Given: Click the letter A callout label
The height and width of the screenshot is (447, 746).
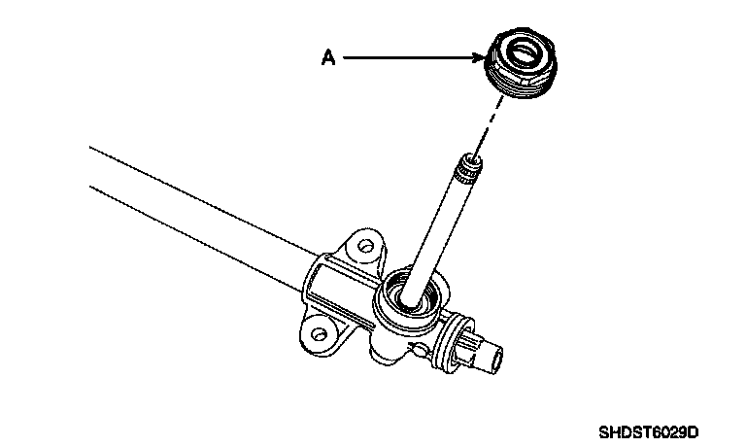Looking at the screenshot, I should coord(328,58).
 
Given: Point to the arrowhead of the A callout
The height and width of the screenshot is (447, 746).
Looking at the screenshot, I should coord(480,58).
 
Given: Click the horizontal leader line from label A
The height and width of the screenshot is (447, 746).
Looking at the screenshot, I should coord(408,58).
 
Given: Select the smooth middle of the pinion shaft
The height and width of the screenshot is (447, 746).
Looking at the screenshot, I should coord(442,228).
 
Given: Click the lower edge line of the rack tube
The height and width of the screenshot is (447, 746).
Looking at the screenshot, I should coord(194,233).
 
